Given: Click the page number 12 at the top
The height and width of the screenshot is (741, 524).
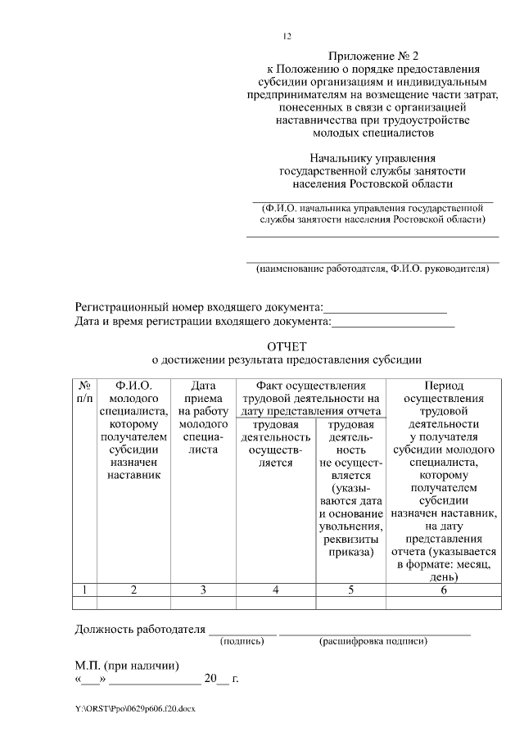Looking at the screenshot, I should (287, 36).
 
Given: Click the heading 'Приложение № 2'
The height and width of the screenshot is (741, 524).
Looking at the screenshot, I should (373, 56).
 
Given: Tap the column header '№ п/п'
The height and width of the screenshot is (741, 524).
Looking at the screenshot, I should (84, 391).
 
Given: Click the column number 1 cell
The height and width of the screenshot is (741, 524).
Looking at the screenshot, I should (84, 590).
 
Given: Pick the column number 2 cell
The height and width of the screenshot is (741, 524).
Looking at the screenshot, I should (133, 590).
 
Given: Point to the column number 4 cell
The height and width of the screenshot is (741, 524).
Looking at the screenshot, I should (276, 590).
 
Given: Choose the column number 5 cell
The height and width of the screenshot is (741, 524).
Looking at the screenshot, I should (350, 590).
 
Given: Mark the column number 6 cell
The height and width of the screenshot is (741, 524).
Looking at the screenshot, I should (443, 590).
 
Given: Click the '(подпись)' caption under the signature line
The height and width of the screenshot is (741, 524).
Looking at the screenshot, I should (242, 641).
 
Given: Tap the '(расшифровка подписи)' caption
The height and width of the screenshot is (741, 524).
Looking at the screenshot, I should (373, 641).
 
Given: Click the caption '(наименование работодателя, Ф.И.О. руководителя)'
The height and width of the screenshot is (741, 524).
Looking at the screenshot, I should (373, 269).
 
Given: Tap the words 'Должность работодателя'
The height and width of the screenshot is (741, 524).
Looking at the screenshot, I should (138, 629).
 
